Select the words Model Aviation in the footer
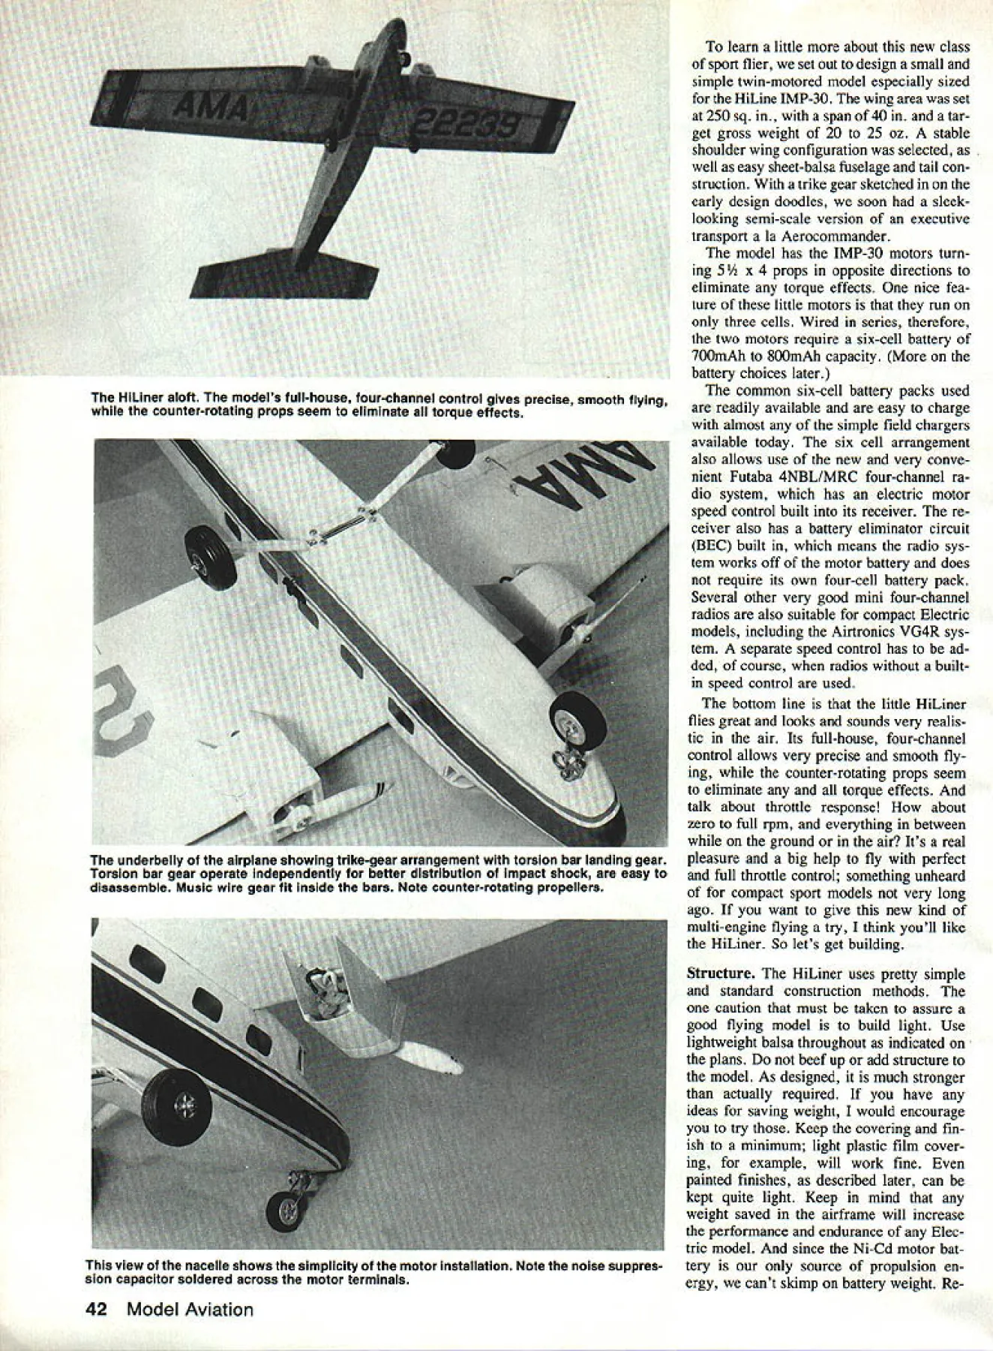(190, 1309)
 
